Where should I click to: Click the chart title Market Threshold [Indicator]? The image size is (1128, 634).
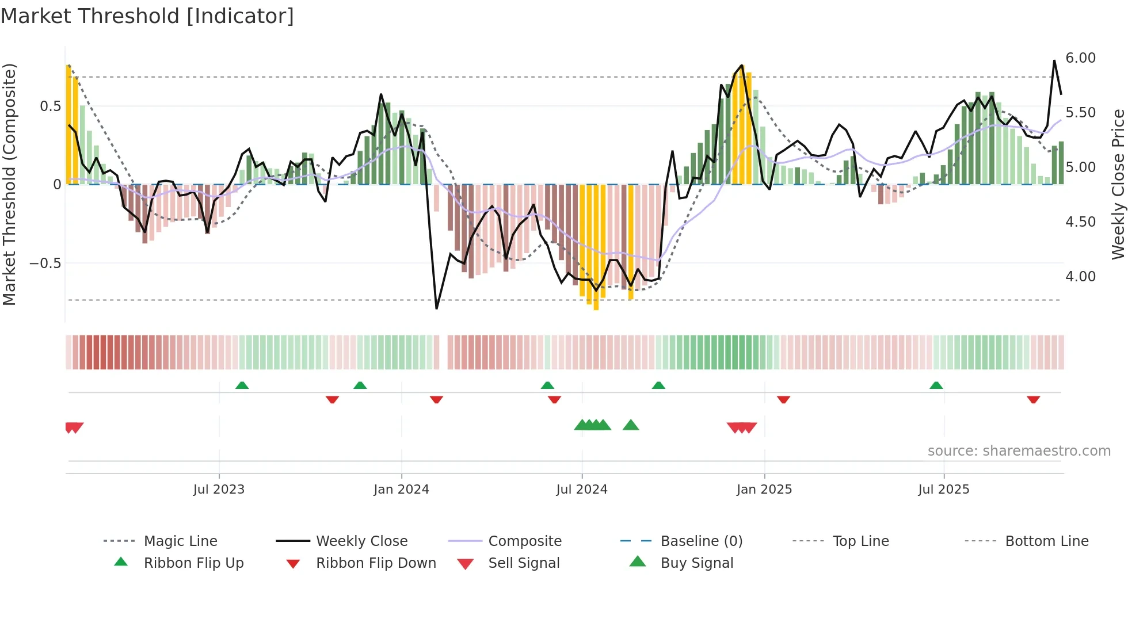pyautogui.click(x=147, y=16)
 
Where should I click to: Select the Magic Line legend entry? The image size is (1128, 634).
pyautogui.click(x=180, y=541)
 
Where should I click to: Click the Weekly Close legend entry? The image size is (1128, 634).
pyautogui.click(x=361, y=541)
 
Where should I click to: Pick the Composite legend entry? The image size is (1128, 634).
pyautogui.click(x=524, y=541)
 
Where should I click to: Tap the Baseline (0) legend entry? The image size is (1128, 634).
pyautogui.click(x=701, y=541)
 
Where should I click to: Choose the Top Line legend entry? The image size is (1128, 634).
pyautogui.click(x=860, y=541)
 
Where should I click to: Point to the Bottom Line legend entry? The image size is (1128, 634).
pyautogui.click(x=1046, y=541)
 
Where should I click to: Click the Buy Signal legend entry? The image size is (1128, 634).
pyautogui.click(x=696, y=563)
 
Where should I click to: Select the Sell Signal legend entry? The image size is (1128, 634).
pyautogui.click(x=523, y=563)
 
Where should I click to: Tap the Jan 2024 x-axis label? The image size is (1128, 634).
pyautogui.click(x=401, y=490)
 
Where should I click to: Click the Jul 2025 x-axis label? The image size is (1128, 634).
pyautogui.click(x=943, y=490)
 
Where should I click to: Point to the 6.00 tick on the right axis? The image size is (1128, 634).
pyautogui.click(x=1080, y=58)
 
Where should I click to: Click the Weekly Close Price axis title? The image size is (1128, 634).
pyautogui.click(x=1118, y=184)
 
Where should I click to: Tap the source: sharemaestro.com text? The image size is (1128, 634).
pyautogui.click(x=1019, y=451)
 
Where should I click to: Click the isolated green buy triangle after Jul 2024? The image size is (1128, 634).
pyautogui.click(x=631, y=425)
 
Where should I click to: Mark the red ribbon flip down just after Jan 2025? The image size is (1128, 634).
pyautogui.click(x=783, y=399)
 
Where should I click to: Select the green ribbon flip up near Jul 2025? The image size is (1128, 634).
pyautogui.click(x=936, y=385)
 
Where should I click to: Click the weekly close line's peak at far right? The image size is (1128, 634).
pyautogui.click(x=1054, y=60)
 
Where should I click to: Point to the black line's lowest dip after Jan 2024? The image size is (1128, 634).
pyautogui.click(x=437, y=308)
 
